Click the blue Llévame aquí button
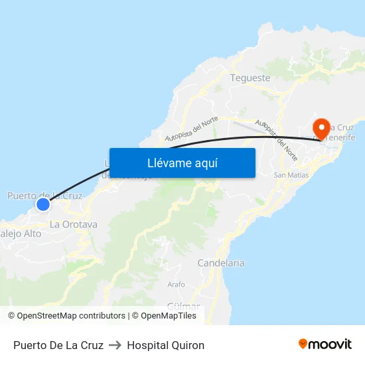tap(182, 163)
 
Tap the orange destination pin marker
tap(322, 127)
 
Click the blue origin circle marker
tap(42, 204)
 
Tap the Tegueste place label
tap(250, 78)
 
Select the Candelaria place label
tap(221, 263)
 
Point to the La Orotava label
tap(74, 224)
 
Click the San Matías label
tap(291, 175)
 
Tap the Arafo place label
tap(176, 284)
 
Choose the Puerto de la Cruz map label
tap(44, 195)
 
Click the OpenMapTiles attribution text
tap(169, 316)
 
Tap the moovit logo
tap(325, 344)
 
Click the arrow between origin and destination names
tap(115, 345)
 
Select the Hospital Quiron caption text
tap(165, 345)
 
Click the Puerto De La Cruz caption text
tap(58, 345)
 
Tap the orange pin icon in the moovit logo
tap(303, 344)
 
